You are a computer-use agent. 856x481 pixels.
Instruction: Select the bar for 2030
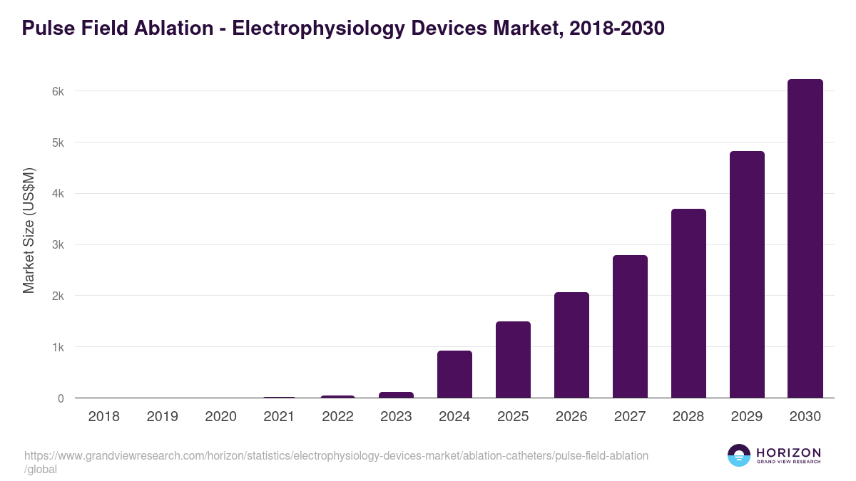click(805, 239)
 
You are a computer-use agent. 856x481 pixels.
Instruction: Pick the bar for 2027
click(630, 326)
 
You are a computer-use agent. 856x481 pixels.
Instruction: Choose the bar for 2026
click(571, 345)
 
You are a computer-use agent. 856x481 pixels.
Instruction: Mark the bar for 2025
click(513, 360)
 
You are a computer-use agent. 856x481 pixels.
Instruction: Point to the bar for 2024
click(454, 374)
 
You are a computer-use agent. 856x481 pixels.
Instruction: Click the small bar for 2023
click(396, 395)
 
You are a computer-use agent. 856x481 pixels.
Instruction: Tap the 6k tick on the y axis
click(57, 91)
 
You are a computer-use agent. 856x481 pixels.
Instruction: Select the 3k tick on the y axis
click(57, 245)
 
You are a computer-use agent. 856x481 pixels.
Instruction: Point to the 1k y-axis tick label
click(57, 348)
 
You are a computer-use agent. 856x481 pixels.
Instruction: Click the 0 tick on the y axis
click(61, 399)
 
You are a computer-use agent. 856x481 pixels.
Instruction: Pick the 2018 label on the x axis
click(104, 417)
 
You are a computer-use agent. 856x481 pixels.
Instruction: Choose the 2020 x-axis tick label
click(220, 417)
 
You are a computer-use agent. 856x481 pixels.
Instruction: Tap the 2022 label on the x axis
click(337, 417)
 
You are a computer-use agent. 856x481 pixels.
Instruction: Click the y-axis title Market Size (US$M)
click(29, 230)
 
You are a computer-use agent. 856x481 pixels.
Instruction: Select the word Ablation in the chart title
click(172, 29)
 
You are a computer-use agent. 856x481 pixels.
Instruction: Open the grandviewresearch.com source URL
click(336, 456)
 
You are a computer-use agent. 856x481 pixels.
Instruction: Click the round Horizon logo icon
click(738, 455)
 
